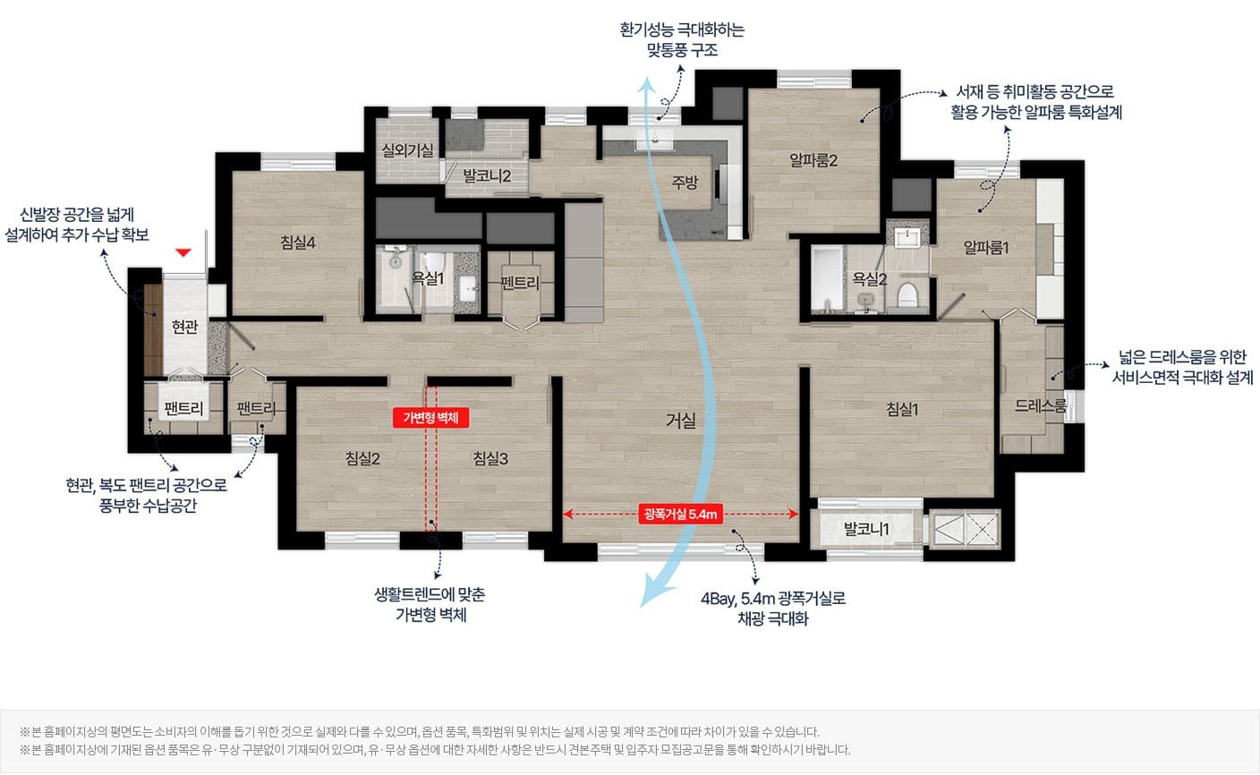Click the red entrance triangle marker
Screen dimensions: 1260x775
pos(183,252)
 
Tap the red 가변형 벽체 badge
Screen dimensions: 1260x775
pos(430,418)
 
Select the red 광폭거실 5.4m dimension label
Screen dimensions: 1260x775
pos(680,514)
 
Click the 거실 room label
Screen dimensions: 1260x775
pos(681,420)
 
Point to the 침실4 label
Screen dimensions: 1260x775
pos(298,243)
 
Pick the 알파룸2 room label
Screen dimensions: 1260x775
pos(813,161)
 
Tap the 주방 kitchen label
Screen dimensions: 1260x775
pos(685,182)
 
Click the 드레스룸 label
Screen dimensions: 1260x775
pos(1040,405)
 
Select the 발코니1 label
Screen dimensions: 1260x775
pos(866,529)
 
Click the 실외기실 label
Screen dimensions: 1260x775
pos(408,150)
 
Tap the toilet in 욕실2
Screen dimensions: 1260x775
pos(907,294)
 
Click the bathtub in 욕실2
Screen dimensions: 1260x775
pos(827,278)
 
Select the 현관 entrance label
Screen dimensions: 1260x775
pos(185,326)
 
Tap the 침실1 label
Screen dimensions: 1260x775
pos(902,410)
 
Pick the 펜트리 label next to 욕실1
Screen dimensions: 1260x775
pos(520,283)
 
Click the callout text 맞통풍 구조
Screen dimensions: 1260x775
pos(682,50)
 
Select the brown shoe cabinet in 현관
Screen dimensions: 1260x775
pos(153,330)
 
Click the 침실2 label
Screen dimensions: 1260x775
pos(362,458)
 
